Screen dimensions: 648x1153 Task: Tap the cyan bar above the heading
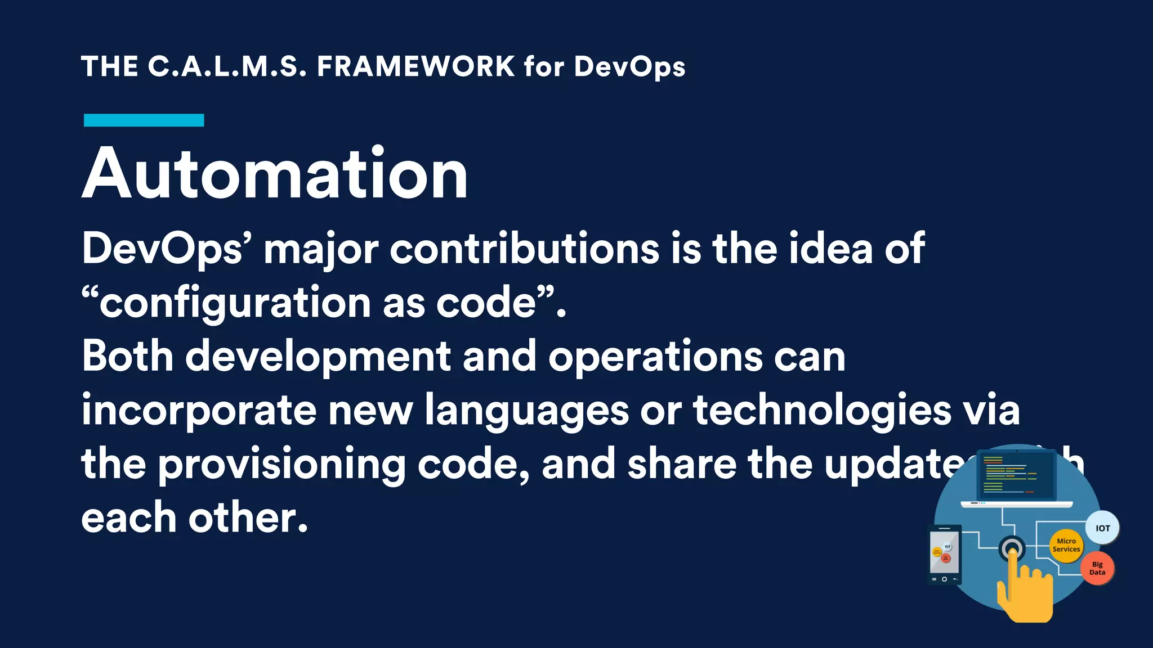[x=144, y=120]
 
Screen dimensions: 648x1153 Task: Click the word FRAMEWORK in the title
[x=415, y=66]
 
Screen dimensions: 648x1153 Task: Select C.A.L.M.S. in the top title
[x=227, y=66]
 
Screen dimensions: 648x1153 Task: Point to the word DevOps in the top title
[x=629, y=67]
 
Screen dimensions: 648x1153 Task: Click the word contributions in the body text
[x=524, y=249]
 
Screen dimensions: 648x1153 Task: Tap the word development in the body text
[x=318, y=357]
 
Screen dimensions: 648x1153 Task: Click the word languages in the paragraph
[x=526, y=411]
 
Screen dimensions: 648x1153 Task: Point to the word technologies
[x=822, y=411]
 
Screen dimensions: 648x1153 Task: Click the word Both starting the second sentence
[x=127, y=356]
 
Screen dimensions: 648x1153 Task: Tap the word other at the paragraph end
[x=248, y=517]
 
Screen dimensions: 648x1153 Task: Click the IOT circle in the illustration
[x=1102, y=528]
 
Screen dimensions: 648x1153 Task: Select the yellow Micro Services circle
[x=1066, y=545]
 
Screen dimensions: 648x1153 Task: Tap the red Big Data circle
[x=1097, y=568]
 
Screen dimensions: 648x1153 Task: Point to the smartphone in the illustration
[x=944, y=555]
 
